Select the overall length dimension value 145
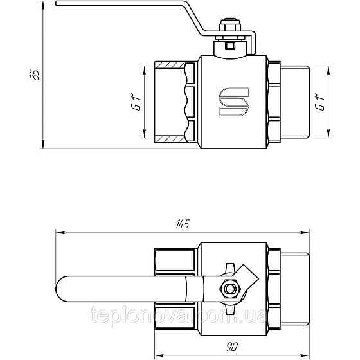tap(183, 224)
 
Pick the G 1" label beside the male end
tap(319, 102)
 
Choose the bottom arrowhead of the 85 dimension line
tap(43, 143)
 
